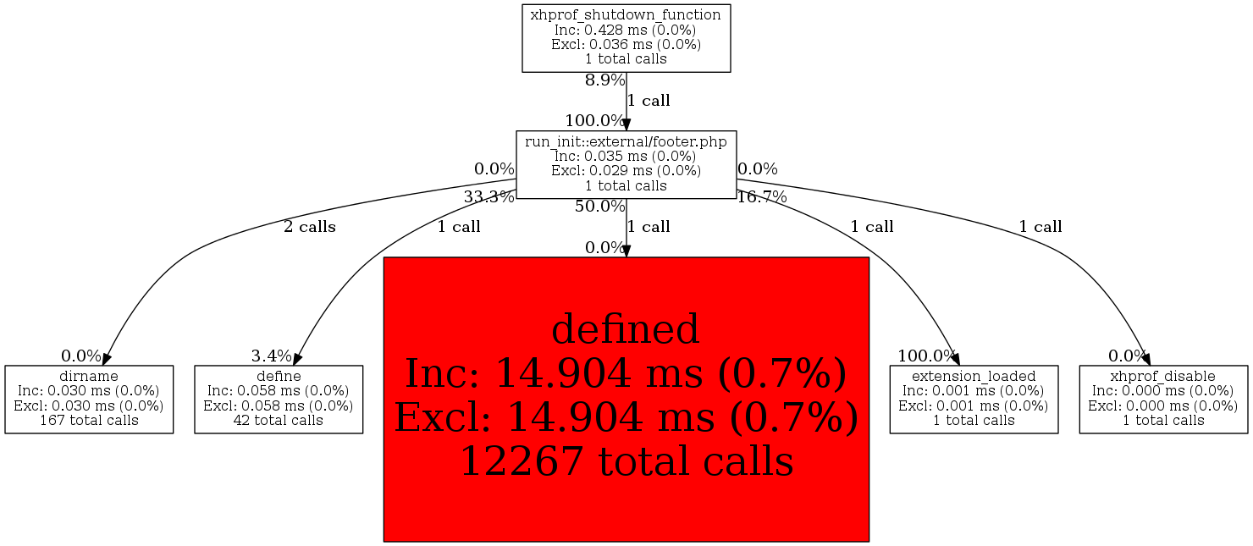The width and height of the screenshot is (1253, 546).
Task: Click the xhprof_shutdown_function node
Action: [626, 38]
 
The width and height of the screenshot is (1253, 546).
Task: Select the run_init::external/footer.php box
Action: [626, 164]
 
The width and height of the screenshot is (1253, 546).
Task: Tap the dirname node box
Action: [89, 400]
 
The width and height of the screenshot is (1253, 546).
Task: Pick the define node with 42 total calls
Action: [279, 400]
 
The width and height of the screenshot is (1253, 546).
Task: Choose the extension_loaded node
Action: [974, 400]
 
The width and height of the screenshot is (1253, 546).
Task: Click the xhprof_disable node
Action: [1163, 400]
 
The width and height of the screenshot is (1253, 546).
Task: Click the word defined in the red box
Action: [626, 329]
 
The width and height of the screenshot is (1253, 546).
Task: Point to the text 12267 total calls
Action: [626, 461]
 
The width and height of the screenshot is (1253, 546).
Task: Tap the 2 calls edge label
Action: [309, 227]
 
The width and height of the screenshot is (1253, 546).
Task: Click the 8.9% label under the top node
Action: [604, 80]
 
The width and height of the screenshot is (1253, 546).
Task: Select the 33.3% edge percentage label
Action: [489, 197]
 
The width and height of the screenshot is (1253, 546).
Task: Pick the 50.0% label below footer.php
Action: [599, 207]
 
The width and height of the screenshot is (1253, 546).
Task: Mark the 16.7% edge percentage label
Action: [762, 197]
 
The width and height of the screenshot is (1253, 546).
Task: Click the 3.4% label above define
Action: [271, 356]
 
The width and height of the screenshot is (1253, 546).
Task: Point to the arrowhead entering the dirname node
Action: [107, 359]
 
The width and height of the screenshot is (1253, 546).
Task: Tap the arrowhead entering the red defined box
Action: [626, 251]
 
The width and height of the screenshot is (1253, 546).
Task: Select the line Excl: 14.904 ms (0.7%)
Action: [626, 417]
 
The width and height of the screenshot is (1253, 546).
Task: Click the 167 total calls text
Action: [89, 420]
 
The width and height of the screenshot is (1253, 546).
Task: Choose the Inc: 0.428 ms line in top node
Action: [626, 30]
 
